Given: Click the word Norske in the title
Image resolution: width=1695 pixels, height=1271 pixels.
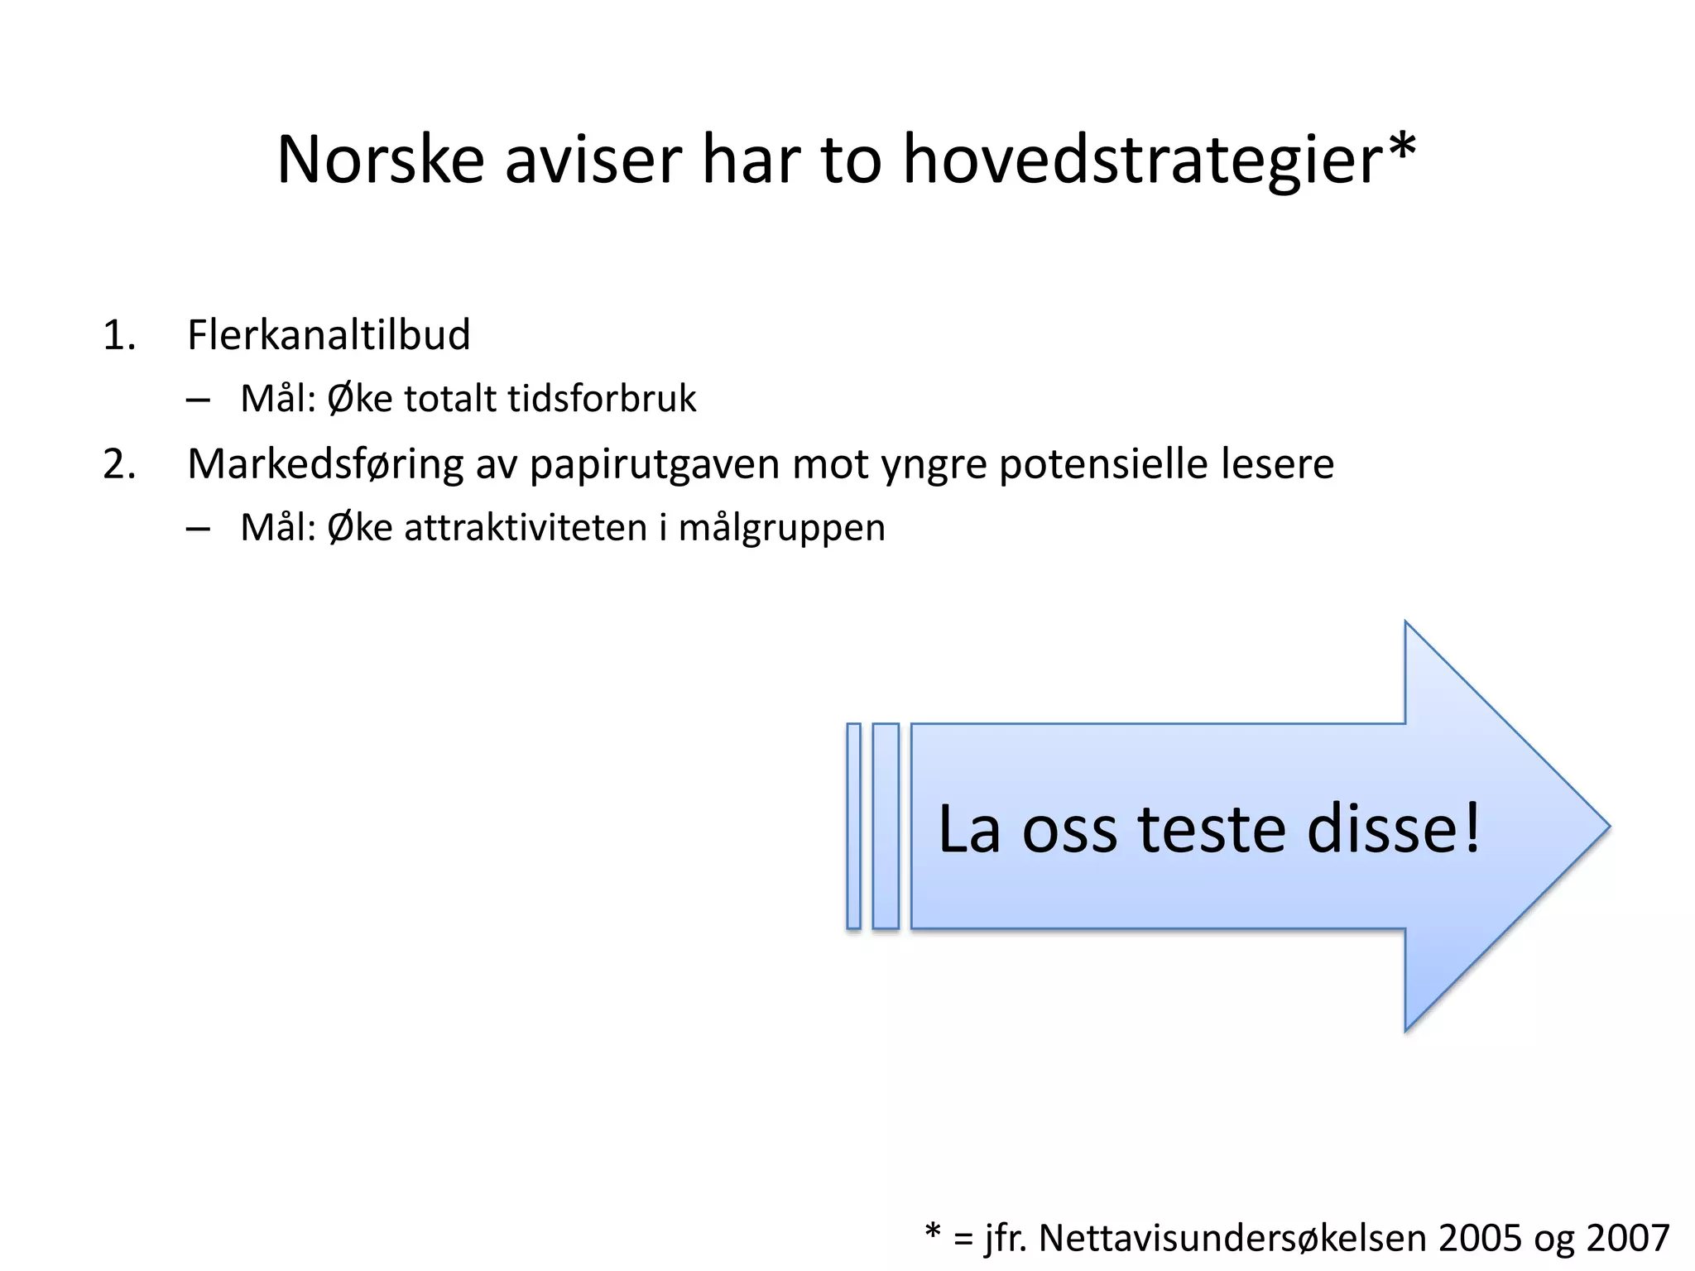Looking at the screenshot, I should pyautogui.click(x=380, y=159).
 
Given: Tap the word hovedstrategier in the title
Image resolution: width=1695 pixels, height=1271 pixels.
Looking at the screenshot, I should pyautogui.click(x=1142, y=161).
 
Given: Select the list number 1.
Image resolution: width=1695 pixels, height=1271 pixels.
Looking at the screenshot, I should pyautogui.click(x=118, y=336).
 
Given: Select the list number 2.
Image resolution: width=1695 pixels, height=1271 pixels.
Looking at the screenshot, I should pyautogui.click(x=119, y=464).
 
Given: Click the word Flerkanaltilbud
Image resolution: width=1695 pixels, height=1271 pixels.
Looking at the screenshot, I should pyautogui.click(x=329, y=335).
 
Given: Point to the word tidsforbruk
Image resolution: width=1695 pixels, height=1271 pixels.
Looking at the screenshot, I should pyautogui.click(x=602, y=399).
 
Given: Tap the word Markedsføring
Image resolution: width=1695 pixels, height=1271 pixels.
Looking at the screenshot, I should pyautogui.click(x=325, y=464).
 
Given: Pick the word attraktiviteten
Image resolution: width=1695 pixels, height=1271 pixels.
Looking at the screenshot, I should pyautogui.click(x=526, y=528).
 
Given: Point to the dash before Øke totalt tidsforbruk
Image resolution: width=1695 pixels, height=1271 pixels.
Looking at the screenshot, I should pyautogui.click(x=198, y=400).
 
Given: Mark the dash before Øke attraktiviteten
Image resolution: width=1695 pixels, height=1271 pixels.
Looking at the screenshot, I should pyautogui.click(x=198, y=530).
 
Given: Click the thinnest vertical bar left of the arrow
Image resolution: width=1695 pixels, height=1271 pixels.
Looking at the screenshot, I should pyautogui.click(x=853, y=826).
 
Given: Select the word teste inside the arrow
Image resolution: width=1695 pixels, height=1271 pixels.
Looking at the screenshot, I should pyautogui.click(x=1212, y=829).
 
